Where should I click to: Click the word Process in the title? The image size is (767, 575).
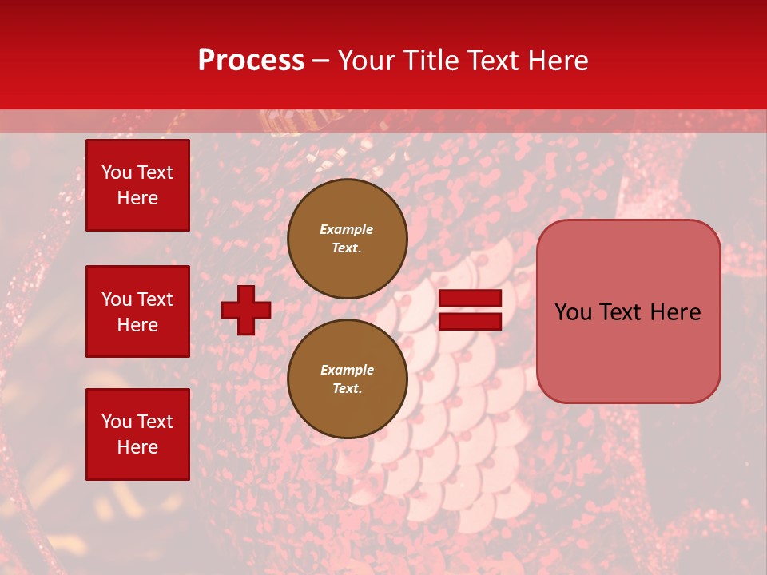251,61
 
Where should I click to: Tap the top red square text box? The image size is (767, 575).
137,185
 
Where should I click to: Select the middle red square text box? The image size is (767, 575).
137,311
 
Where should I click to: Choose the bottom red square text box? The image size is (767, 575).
137,434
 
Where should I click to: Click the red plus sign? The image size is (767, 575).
246,310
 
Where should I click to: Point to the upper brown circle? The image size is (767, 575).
347,238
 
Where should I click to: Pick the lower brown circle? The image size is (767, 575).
347,379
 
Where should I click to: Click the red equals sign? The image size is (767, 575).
470,310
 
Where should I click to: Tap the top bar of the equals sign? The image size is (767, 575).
470,299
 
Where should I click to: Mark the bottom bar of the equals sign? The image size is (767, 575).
470,321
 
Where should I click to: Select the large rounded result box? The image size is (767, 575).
628,311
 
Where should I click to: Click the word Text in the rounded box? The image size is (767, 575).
623,312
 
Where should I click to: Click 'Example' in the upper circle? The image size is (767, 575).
347,229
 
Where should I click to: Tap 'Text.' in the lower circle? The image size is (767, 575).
347,388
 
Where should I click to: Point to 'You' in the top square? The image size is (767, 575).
117,172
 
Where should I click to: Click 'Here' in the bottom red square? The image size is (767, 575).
137,447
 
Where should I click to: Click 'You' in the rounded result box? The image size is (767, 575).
573,312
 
